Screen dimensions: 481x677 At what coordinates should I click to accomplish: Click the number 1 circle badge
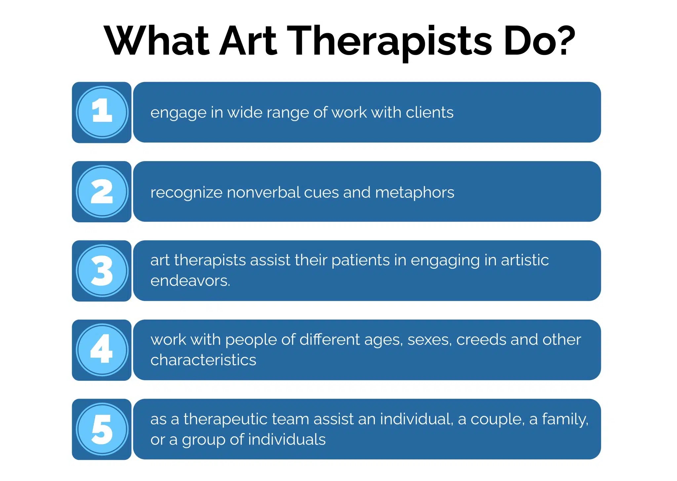(102, 112)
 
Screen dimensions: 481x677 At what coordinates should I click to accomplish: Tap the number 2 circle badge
(102, 192)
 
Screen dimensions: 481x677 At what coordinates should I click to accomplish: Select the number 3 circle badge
(102, 271)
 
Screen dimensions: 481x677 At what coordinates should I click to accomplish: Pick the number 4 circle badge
(102, 350)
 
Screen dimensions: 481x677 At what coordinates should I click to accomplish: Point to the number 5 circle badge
(102, 429)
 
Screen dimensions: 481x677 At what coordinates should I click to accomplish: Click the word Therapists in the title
(390, 41)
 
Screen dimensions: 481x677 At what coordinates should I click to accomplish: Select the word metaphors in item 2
(415, 193)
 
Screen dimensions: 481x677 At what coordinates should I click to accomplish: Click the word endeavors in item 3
(190, 281)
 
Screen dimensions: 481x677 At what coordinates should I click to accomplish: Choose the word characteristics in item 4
(203, 360)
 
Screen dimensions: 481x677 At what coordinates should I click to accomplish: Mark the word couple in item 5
(498, 419)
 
